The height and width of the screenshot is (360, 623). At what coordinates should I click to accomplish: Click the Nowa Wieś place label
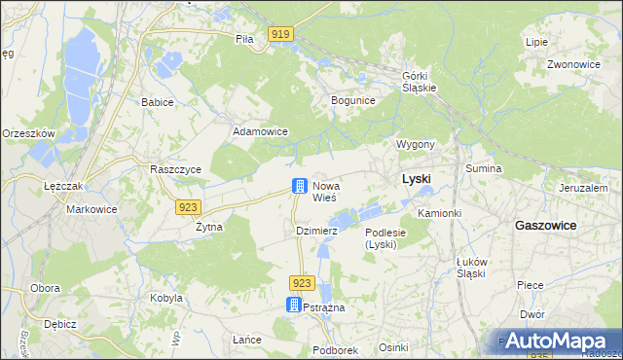point(324,191)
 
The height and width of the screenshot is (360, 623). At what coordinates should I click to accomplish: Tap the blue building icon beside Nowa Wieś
point(300,185)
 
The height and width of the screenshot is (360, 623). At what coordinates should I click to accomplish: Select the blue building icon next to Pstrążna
point(294,305)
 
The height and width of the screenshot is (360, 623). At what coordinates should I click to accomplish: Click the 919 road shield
point(280,35)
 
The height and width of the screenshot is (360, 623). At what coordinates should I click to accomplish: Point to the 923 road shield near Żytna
point(189,206)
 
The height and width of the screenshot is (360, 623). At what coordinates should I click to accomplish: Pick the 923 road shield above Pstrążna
point(301,282)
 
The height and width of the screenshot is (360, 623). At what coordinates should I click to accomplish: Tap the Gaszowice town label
point(545,225)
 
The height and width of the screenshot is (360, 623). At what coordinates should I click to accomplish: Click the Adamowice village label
point(259,130)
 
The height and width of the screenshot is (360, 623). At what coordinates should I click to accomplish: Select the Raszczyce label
point(175,168)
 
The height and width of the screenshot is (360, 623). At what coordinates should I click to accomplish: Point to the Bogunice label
point(353,100)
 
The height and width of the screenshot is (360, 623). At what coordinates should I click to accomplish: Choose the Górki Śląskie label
point(420,81)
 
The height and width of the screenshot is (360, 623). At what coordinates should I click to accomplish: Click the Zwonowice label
point(573,64)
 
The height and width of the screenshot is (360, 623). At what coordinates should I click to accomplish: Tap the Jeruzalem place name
point(583,188)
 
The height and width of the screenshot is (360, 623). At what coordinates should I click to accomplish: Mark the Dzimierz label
point(316,231)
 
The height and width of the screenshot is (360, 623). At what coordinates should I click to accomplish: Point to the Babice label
point(157,101)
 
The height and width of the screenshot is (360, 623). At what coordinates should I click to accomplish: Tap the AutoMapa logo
point(558,341)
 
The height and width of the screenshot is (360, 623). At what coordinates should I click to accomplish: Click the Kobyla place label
point(165,298)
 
